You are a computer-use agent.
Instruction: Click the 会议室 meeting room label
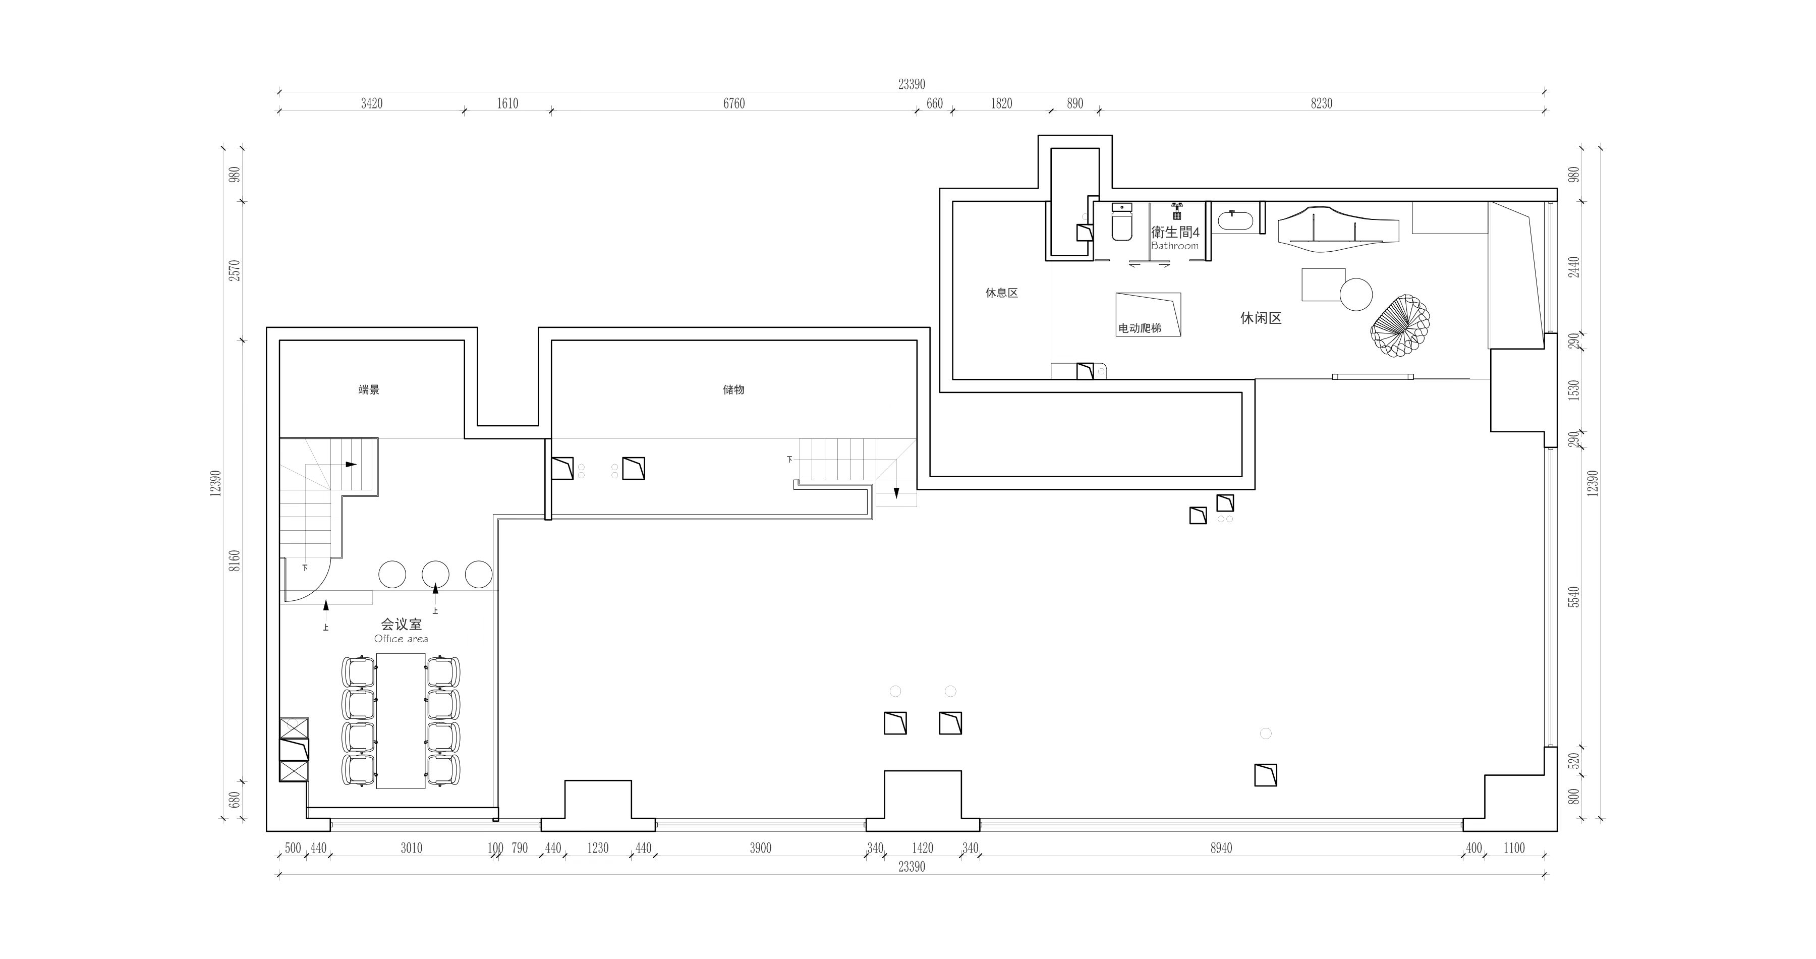coord(401,624)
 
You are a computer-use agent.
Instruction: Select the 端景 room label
coord(369,389)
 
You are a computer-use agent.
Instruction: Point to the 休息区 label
coord(1002,293)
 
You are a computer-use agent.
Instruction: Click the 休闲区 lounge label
coord(1261,318)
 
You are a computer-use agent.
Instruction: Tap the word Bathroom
coord(1174,246)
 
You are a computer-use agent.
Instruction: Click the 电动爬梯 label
coord(1140,328)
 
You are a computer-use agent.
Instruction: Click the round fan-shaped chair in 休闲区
coord(1400,328)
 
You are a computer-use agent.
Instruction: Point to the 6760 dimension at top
coord(734,103)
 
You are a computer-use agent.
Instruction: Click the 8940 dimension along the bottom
coord(1222,849)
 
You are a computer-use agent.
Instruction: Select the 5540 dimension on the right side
coord(1574,597)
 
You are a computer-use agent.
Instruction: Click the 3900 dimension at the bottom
coord(761,849)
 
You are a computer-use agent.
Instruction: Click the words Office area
coord(401,639)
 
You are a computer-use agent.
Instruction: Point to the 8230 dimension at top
coord(1322,103)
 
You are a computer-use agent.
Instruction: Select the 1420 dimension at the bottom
coord(923,849)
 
